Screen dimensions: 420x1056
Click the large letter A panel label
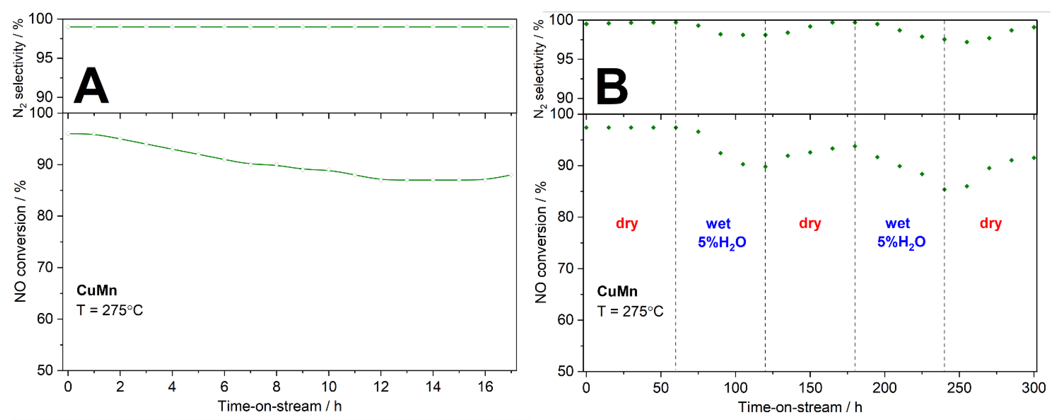click(x=91, y=86)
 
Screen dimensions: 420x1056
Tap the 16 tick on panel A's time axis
click(x=485, y=386)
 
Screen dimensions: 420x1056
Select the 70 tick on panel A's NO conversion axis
click(x=45, y=267)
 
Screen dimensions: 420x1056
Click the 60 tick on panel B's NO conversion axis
click(x=566, y=320)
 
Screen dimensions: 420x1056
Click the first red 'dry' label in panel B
click(x=627, y=224)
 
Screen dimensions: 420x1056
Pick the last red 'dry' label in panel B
click(x=990, y=224)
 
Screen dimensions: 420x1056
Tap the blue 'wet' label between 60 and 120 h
click(x=718, y=224)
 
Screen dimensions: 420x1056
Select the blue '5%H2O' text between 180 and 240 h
click(x=901, y=242)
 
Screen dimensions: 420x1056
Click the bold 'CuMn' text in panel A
click(x=97, y=290)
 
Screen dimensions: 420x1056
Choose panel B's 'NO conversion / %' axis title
click(x=541, y=242)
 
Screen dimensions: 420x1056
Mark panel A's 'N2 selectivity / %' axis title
click(x=18, y=68)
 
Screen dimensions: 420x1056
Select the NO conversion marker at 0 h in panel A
click(x=68, y=134)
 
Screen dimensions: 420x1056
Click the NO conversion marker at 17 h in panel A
click(x=511, y=175)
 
